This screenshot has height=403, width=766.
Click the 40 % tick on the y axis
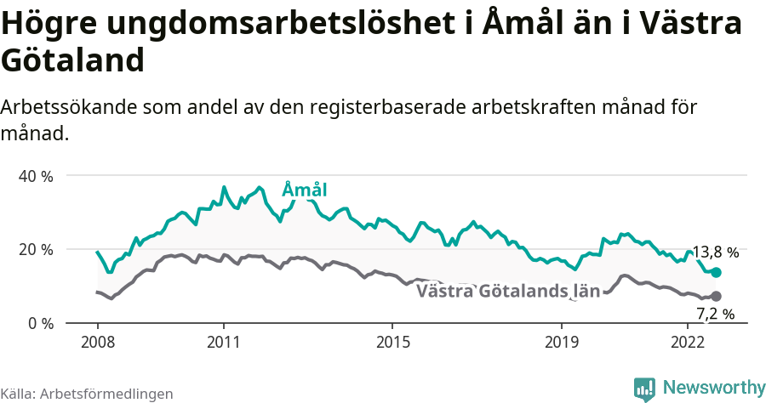35,176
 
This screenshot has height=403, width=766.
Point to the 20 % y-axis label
35,249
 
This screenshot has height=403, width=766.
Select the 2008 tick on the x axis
97,342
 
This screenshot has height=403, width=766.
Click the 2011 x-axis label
223,342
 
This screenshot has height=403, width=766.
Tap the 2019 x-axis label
561,342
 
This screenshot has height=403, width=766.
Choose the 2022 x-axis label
687,342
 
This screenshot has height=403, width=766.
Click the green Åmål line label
304,190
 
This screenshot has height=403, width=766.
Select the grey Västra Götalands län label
508,292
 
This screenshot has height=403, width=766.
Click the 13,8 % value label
715,253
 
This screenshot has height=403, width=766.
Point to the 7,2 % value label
715,314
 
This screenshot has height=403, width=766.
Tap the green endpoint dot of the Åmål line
717,272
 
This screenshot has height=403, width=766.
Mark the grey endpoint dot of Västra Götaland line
717,296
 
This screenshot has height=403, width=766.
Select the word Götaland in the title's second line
71,61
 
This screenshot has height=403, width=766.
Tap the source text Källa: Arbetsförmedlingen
87,394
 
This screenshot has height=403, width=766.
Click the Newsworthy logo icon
644,389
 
